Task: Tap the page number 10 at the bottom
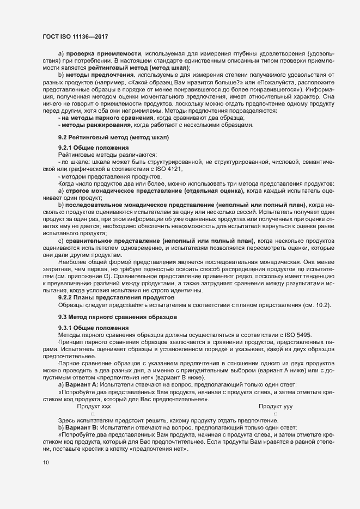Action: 46,462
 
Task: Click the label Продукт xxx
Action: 94,406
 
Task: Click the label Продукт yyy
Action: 276,406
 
